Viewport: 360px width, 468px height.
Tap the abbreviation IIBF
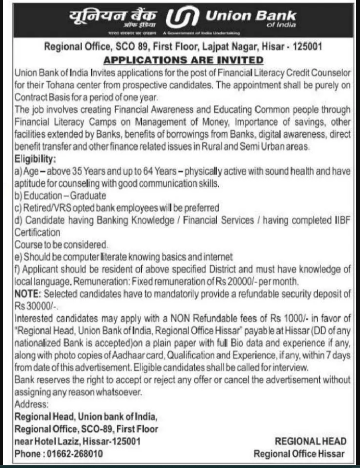(341, 220)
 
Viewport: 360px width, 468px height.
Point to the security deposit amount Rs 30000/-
(33, 306)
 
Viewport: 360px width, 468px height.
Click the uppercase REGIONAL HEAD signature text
(310, 441)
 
